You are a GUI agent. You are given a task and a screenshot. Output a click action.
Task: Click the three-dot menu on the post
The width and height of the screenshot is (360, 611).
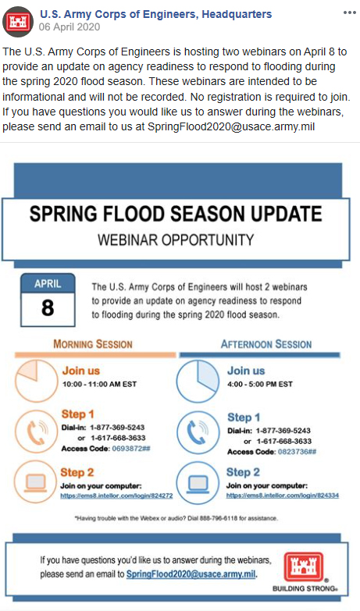[350, 12]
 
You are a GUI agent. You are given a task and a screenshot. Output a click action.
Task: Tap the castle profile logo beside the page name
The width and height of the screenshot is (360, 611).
[18, 22]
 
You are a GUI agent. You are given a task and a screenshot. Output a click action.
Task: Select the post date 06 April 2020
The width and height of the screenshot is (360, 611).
[70, 27]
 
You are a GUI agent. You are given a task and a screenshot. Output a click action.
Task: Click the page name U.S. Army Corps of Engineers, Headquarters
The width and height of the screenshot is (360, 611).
[156, 14]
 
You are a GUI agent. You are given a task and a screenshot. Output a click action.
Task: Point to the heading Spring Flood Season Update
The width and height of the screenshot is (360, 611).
[176, 214]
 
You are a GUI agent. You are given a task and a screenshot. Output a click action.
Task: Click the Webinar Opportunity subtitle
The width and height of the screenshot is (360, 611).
[176, 240]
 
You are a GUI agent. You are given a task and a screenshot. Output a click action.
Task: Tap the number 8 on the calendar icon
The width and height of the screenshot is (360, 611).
[48, 307]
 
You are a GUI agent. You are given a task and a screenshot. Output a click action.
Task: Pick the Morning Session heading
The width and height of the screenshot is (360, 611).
[93, 344]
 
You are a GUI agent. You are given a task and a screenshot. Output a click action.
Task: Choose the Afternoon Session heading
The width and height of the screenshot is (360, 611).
[266, 344]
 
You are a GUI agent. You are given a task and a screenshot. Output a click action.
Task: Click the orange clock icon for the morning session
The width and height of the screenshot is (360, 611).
[37, 381]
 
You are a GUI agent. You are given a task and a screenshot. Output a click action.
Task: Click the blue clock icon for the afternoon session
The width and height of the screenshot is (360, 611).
[198, 381]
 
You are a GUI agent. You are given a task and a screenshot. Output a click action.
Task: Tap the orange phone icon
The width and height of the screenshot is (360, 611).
[36, 432]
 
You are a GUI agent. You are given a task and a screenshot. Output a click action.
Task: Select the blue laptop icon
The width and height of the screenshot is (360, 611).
[198, 483]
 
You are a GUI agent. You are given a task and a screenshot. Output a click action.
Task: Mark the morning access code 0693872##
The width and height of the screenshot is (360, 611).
[131, 449]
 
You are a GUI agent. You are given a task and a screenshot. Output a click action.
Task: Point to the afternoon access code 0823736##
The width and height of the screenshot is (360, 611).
[297, 452]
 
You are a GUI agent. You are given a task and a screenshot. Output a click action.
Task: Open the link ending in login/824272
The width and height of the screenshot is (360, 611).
[116, 496]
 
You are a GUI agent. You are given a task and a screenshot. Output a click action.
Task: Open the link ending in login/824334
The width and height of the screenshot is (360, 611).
[283, 496]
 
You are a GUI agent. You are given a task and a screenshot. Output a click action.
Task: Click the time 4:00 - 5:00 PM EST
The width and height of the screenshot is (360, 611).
[260, 384]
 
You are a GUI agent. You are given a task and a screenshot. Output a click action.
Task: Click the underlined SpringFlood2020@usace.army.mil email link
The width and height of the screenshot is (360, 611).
[191, 574]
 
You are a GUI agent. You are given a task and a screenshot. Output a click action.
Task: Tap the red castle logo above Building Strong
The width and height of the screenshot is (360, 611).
[304, 567]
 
